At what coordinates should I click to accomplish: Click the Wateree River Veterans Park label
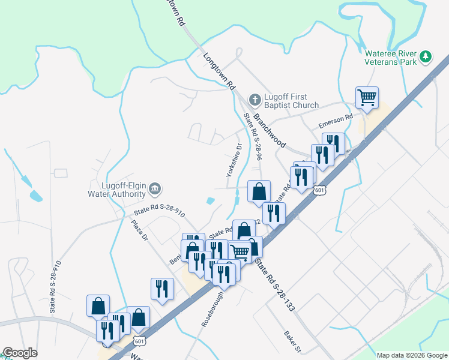pos(391,57)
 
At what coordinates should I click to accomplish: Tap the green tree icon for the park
pos(426,56)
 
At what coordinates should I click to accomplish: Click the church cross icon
pos(255,99)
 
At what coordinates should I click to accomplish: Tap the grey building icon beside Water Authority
pos(155,189)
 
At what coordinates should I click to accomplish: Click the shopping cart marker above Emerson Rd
pos(367,97)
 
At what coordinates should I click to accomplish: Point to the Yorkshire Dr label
pos(234,160)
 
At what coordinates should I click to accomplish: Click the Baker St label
pos(292,341)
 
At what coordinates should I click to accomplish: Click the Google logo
pos(20,353)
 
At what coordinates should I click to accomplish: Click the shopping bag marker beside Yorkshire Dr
pos(259,192)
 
